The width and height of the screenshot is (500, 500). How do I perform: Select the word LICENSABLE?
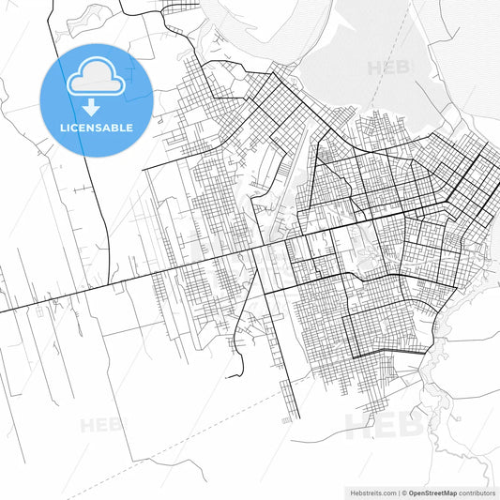tap(97, 128)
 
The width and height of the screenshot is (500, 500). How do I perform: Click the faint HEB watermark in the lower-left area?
tap(101, 425)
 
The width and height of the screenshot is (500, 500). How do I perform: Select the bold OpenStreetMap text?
tap(432, 492)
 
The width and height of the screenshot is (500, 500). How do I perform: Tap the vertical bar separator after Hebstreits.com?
tap(399, 492)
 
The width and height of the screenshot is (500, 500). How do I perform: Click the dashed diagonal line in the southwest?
tap(235, 422)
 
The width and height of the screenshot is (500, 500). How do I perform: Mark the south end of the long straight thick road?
tap(299, 418)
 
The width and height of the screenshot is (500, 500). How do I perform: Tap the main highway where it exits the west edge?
tap(2, 311)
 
